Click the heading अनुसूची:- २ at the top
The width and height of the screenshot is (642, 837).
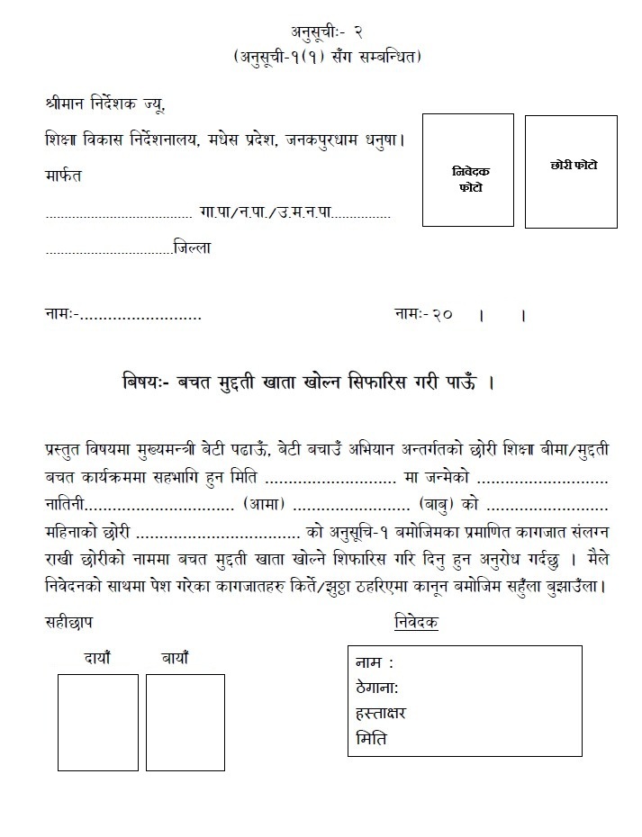[321, 31]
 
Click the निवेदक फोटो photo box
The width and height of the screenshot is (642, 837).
[467, 169]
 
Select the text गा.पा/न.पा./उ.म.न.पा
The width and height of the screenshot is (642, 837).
[266, 213]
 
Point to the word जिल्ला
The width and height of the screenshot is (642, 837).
[194, 247]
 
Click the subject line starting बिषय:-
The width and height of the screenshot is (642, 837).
[306, 381]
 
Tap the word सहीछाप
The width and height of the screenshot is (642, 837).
[68, 622]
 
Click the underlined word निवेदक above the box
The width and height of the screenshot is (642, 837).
[416, 623]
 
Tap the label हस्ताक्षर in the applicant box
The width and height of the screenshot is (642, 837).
[382, 713]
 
